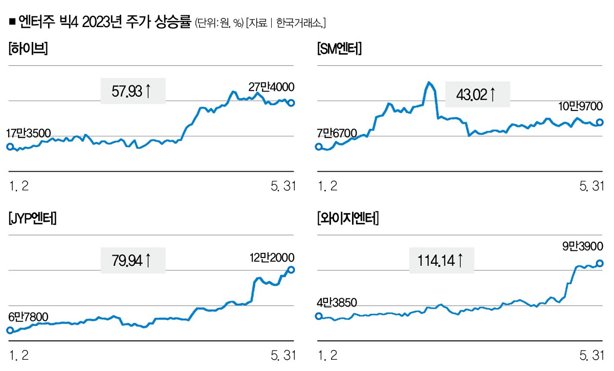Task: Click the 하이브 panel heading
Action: (x=28, y=50)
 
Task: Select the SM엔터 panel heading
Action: (x=339, y=50)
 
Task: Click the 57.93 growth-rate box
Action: (x=133, y=91)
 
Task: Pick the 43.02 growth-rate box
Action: (x=477, y=95)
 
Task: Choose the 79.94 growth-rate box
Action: (x=133, y=261)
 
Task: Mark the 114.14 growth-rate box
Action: (x=442, y=261)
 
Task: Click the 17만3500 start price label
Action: (x=29, y=134)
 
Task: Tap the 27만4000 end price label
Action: (x=272, y=87)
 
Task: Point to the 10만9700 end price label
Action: (x=580, y=106)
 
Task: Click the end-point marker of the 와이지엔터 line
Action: (x=600, y=264)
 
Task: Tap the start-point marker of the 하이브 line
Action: (x=9, y=147)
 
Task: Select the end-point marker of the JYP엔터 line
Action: (x=291, y=270)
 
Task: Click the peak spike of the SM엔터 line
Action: (x=429, y=82)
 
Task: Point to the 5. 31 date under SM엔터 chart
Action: (x=591, y=187)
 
